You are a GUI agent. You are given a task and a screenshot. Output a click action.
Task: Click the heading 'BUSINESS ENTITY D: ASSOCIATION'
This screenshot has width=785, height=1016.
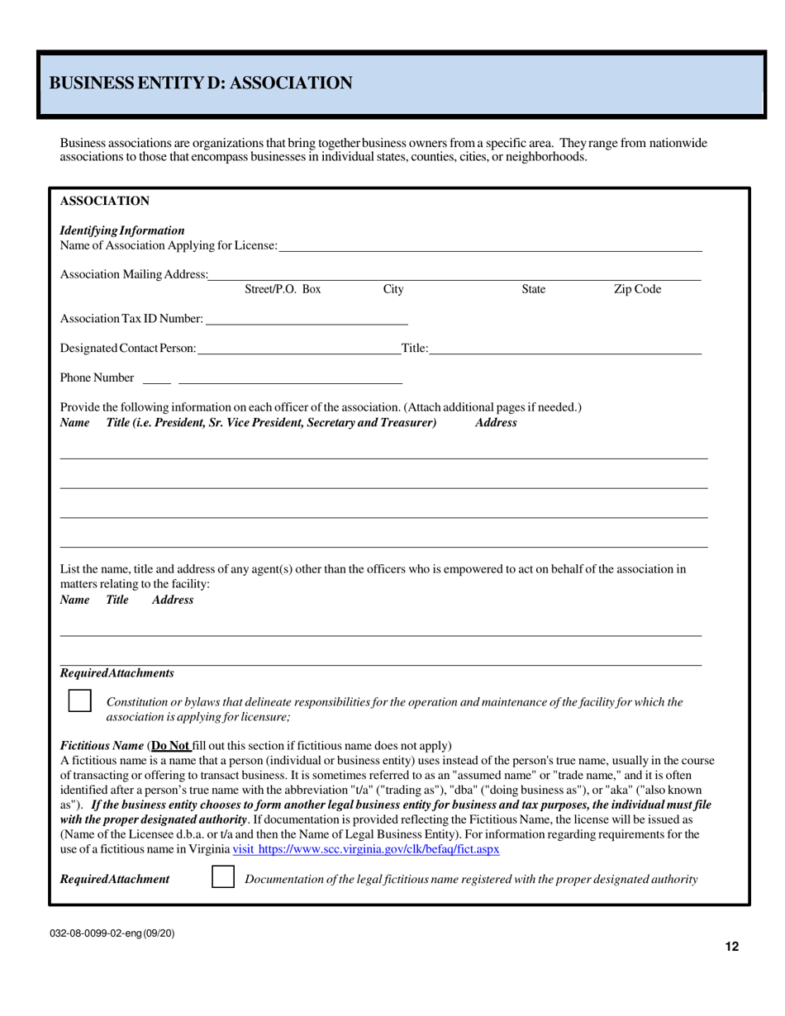201,83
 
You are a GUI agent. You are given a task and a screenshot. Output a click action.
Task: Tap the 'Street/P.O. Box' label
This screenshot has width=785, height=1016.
283,290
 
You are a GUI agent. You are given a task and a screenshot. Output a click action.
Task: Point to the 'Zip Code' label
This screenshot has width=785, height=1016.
637,290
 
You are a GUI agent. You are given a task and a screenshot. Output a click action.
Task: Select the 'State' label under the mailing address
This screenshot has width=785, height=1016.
534,290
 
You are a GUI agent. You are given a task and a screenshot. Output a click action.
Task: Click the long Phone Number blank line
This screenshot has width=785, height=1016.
289,383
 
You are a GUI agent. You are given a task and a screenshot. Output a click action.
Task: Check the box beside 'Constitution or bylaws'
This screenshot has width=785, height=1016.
79,701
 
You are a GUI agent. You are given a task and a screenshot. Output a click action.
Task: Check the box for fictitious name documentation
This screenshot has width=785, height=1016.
223,877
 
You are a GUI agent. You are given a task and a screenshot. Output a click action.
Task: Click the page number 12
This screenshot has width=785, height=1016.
732,947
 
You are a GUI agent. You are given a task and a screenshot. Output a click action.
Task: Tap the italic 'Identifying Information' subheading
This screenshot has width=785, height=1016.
122,230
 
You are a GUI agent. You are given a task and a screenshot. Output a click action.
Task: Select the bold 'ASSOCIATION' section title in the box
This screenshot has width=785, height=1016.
105,201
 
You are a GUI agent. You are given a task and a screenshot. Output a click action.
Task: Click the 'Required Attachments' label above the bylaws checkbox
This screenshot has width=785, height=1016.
117,673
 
